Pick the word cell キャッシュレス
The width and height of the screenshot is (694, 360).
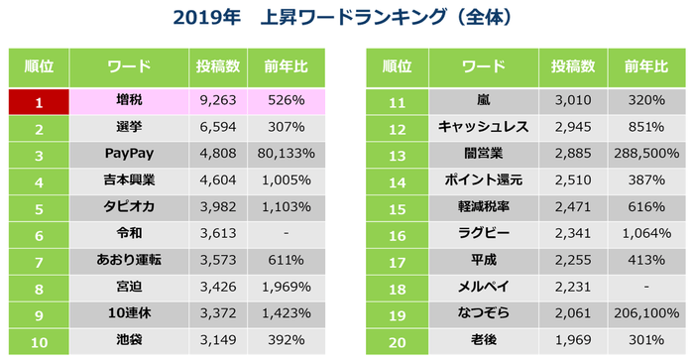tap(484, 127)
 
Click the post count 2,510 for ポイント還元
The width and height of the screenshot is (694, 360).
tap(572, 182)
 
